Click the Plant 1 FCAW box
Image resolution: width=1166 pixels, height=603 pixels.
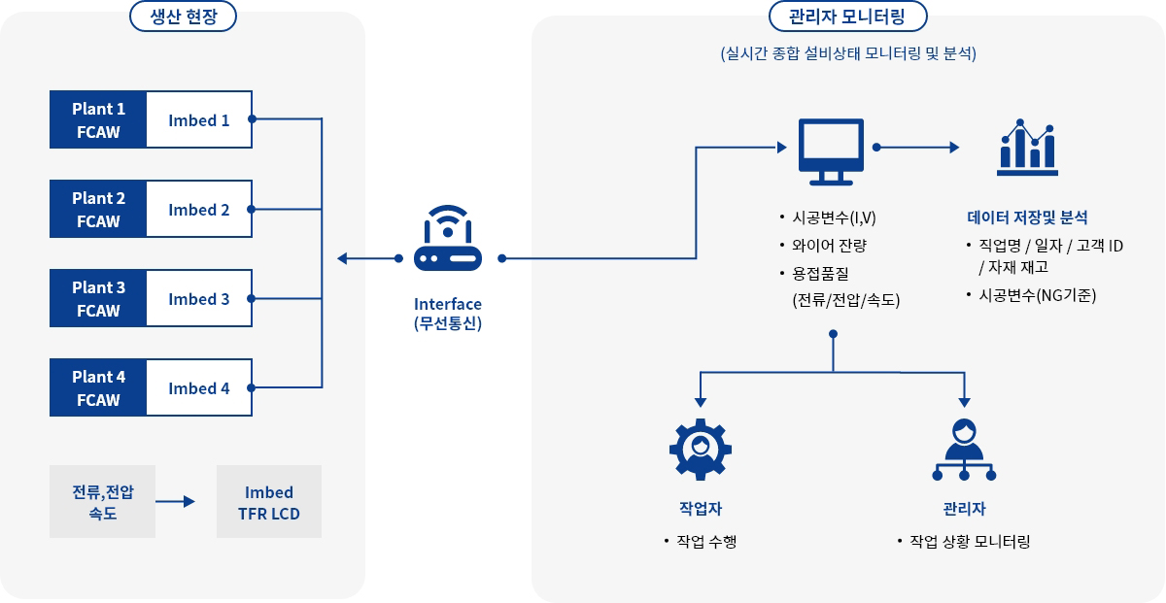click(98, 119)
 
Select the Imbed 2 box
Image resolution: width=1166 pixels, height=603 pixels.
click(199, 210)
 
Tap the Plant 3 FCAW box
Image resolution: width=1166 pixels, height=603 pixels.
click(98, 299)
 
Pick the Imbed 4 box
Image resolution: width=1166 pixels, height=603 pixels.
click(199, 388)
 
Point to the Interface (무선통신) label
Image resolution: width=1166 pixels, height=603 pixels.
click(447, 314)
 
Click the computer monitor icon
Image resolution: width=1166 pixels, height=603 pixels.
click(831, 151)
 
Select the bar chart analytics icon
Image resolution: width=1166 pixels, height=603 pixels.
click(1027, 148)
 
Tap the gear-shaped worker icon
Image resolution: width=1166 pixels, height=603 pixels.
click(700, 449)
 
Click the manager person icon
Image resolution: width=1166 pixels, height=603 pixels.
click(964, 449)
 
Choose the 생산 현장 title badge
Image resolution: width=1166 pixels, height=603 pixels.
click(183, 17)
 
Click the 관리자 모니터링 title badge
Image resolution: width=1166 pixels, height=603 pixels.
click(847, 17)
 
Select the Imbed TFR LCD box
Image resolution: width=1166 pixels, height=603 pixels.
click(269, 502)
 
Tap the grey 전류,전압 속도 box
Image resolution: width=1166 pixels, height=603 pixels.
click(102, 502)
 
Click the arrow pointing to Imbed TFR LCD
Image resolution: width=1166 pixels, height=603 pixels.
click(176, 502)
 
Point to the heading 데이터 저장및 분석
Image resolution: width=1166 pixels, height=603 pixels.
click(1027, 218)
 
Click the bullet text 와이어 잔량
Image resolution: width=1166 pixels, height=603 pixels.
click(829, 245)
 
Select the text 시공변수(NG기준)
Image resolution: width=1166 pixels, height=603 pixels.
click(1037, 294)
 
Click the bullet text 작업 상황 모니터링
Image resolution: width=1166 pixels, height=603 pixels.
click(969, 541)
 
